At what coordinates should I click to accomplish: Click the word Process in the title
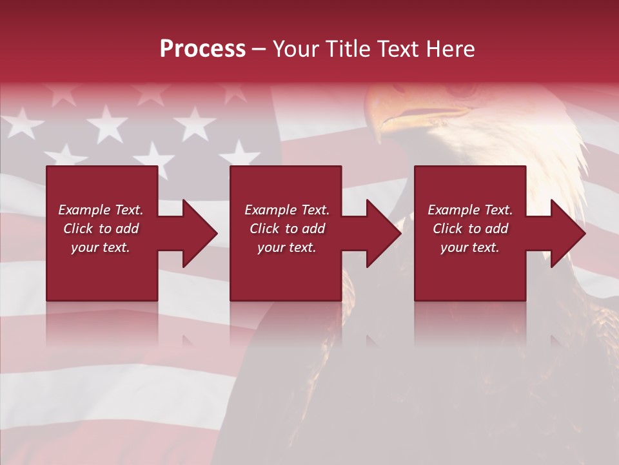click(x=202, y=49)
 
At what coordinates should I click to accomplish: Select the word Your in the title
click(x=294, y=49)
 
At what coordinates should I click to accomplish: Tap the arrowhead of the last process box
click(x=568, y=233)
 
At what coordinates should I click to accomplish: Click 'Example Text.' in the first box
click(x=101, y=210)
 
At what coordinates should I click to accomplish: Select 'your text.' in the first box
click(x=101, y=247)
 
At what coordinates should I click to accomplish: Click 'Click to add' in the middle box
click(x=287, y=229)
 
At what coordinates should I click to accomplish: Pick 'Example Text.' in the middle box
click(x=287, y=210)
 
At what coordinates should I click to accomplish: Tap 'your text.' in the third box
click(x=470, y=247)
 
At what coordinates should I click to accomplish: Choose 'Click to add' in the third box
click(x=470, y=229)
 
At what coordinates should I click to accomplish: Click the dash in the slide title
click(x=259, y=49)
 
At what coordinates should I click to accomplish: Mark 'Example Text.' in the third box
click(x=470, y=210)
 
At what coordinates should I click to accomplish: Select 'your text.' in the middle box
click(x=287, y=247)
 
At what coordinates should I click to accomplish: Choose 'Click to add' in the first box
click(x=101, y=229)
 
